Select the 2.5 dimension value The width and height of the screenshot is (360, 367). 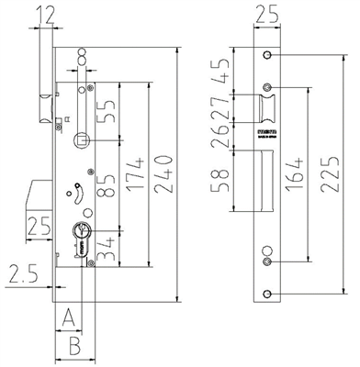(20, 272)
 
